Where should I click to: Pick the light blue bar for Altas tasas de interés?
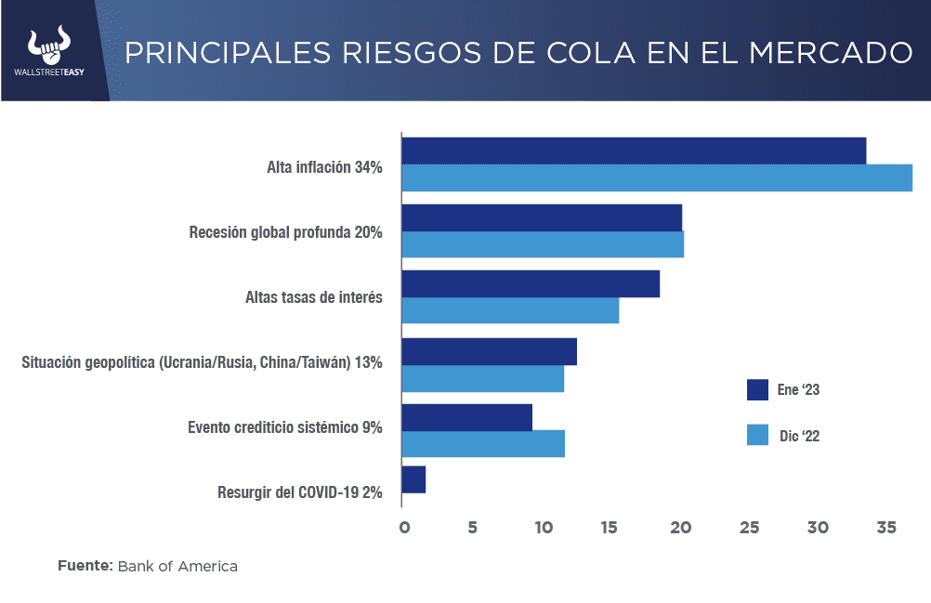(x=510, y=310)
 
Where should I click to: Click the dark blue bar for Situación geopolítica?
(x=489, y=351)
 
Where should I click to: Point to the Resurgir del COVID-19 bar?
(x=413, y=479)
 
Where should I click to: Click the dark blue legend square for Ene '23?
(x=757, y=389)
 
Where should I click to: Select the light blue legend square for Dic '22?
(x=757, y=434)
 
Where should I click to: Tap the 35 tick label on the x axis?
(x=885, y=528)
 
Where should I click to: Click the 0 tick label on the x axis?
(x=404, y=528)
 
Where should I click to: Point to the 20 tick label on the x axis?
(x=680, y=528)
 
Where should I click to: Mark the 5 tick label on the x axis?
(x=472, y=528)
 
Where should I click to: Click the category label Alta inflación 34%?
(x=324, y=167)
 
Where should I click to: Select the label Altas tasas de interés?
(x=313, y=297)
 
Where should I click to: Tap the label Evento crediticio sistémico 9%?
(x=285, y=427)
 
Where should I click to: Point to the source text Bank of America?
(x=177, y=566)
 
